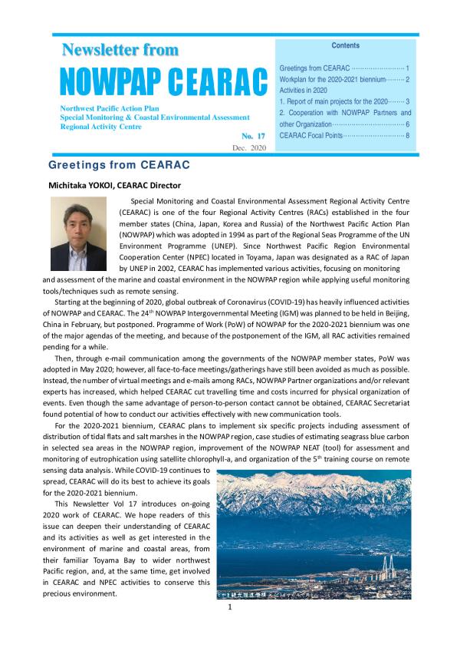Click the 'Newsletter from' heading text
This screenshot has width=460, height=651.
tap(120, 51)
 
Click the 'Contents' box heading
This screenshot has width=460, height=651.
tap(346, 46)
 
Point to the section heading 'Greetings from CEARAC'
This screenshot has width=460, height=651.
tap(119, 165)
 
